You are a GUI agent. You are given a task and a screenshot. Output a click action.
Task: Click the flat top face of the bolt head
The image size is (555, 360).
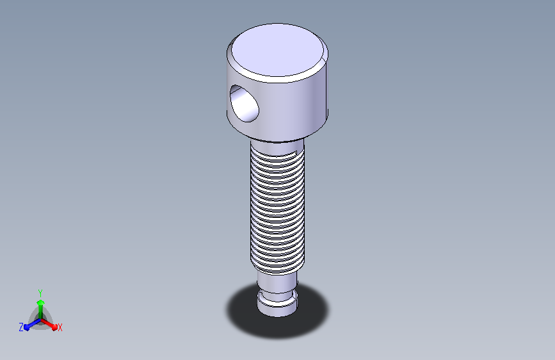pyautogui.click(x=277, y=49)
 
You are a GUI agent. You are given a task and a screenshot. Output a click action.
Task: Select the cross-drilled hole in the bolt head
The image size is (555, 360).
pyautogui.click(x=244, y=104)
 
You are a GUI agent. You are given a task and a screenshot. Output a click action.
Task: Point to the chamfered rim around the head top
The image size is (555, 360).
pyautogui.click(x=277, y=79)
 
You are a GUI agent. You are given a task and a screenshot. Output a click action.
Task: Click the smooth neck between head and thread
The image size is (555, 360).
pyautogui.click(x=277, y=146)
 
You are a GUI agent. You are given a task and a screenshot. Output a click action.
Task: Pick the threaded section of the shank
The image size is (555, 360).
pyautogui.click(x=277, y=211)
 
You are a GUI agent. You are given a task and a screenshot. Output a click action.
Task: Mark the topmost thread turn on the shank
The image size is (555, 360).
pyautogui.click(x=277, y=154)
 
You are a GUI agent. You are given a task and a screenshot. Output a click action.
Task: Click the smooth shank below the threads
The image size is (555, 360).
pyautogui.click(x=277, y=282)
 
